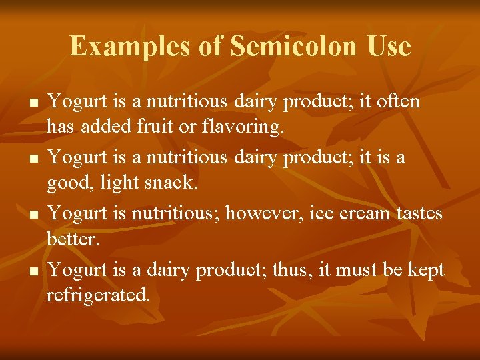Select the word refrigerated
pos(98,295)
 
